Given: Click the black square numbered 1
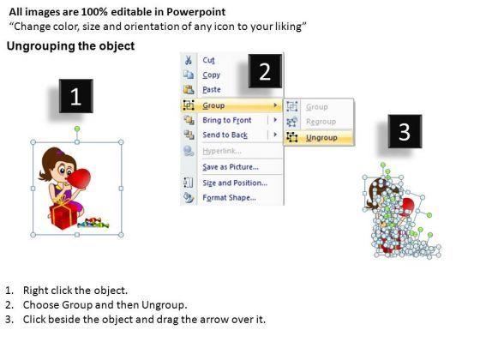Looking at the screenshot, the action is tap(76, 96).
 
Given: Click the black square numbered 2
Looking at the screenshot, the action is tap(265, 71).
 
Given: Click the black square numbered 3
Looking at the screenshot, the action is tap(405, 131).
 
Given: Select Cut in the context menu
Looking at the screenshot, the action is tap(208, 60).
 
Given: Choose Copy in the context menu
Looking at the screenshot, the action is tap(211, 75).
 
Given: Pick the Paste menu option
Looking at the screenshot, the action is tap(212, 89).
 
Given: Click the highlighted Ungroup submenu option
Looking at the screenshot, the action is tap(321, 138).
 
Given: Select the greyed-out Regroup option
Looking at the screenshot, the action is tap(321, 122).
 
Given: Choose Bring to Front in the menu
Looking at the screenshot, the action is tap(227, 120).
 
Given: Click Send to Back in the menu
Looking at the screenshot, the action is tap(225, 135).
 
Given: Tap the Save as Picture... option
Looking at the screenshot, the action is tap(231, 167).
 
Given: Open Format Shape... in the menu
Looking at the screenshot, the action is tap(230, 197).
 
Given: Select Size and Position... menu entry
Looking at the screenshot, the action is tap(235, 183).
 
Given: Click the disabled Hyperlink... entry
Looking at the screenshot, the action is tap(222, 151).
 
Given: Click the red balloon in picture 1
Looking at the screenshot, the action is tap(79, 178).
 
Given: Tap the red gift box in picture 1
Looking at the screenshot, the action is tap(63, 216).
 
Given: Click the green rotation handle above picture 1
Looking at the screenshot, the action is tap(77, 129).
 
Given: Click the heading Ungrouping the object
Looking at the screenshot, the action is tap(70, 46).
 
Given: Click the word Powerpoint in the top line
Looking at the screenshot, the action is tap(196, 12).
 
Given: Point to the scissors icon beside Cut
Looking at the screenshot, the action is tap(189, 60).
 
